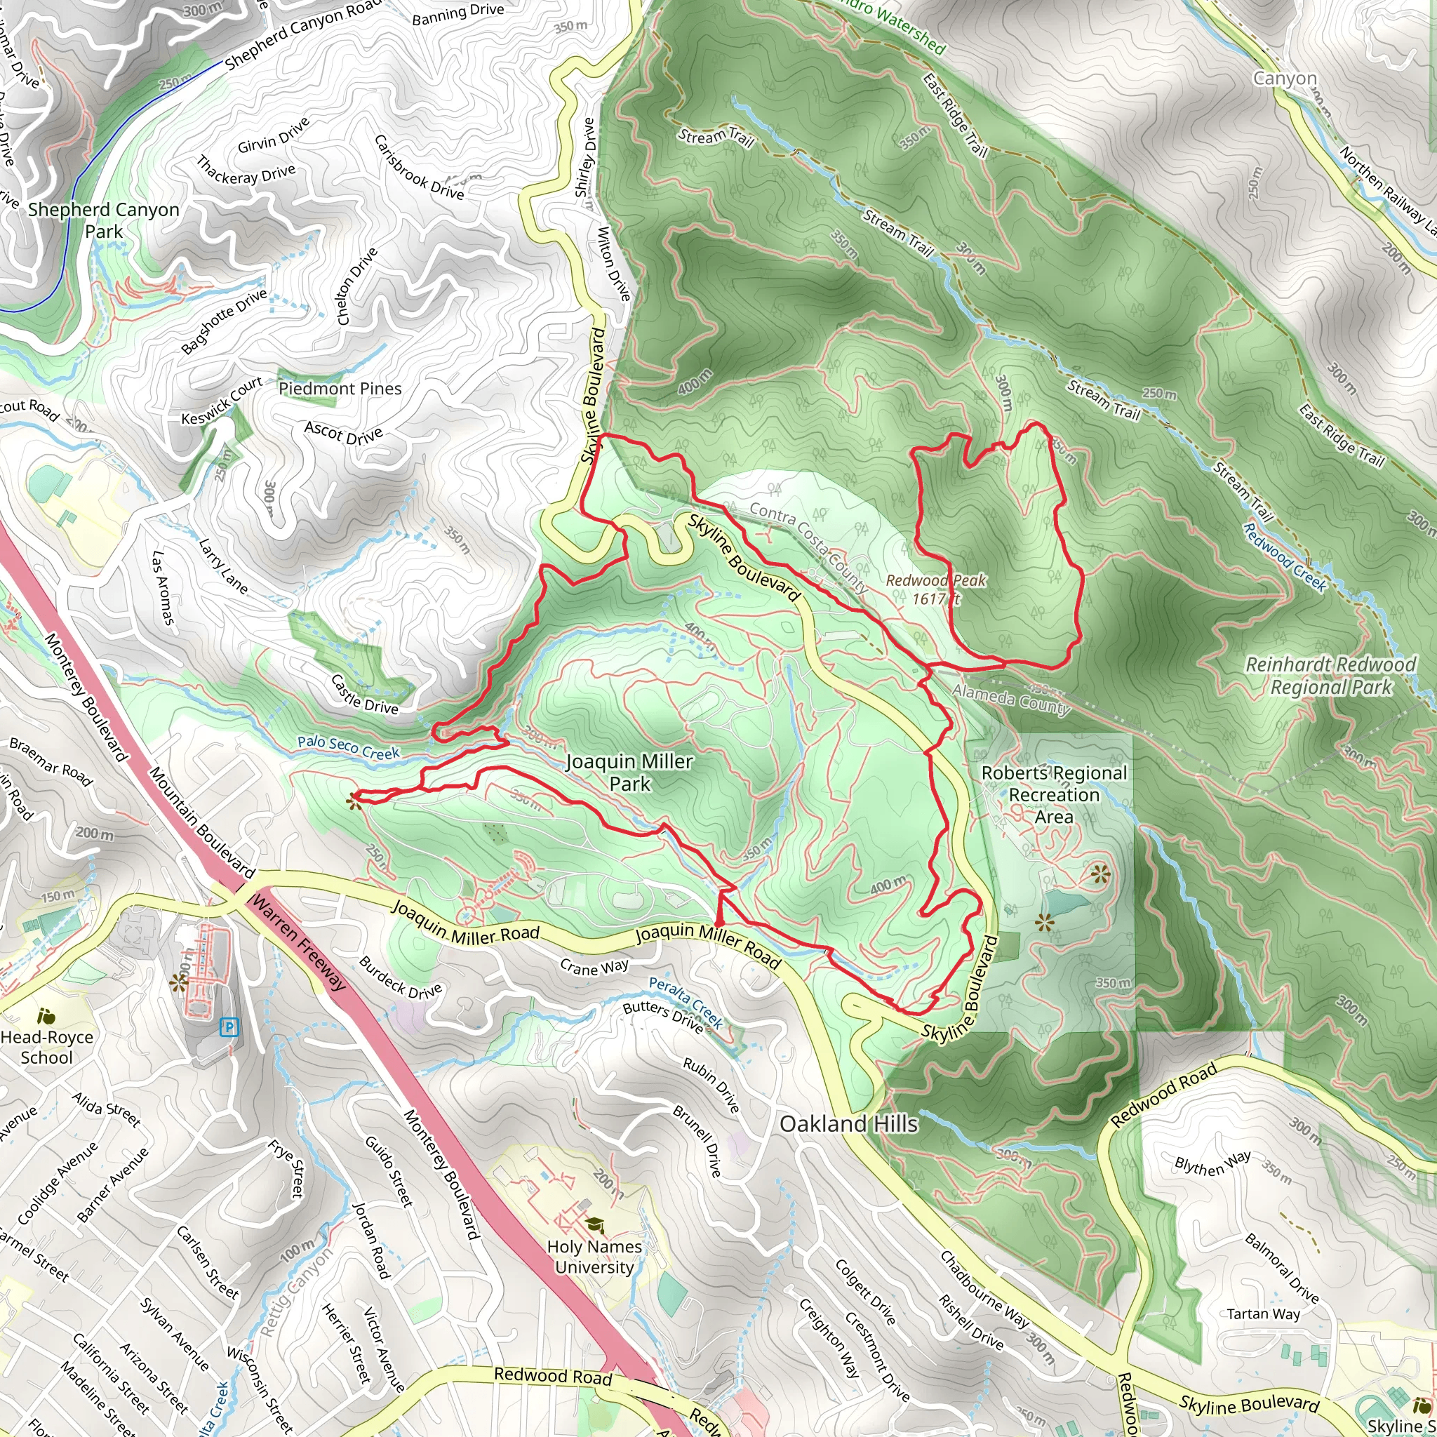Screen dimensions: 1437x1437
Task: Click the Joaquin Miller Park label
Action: pyautogui.click(x=629, y=772)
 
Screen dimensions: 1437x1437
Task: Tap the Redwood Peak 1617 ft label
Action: pyautogui.click(x=936, y=589)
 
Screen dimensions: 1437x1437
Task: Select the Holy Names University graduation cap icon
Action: pyautogui.click(x=594, y=1224)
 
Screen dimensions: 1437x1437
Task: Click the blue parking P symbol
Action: pyautogui.click(x=229, y=1028)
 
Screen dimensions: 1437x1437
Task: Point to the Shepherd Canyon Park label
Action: pyautogui.click(x=103, y=220)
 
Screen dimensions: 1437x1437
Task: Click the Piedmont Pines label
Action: pyautogui.click(x=340, y=388)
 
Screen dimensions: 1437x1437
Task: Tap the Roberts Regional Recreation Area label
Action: pyautogui.click(x=1054, y=794)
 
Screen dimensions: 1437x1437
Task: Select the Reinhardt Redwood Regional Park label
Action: pyautogui.click(x=1330, y=676)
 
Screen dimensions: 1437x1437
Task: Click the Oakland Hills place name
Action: pyautogui.click(x=849, y=1123)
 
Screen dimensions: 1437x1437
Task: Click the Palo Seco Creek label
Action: pyautogui.click(x=348, y=747)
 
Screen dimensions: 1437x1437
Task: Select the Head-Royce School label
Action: pyautogui.click(x=46, y=1048)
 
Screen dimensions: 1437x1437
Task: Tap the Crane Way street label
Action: pyautogui.click(x=594, y=967)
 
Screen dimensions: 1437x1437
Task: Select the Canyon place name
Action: pyautogui.click(x=1285, y=78)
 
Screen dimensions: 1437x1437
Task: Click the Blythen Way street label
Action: pyautogui.click(x=1212, y=1164)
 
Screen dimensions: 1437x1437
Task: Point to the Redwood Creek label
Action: pyautogui.click(x=1285, y=558)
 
